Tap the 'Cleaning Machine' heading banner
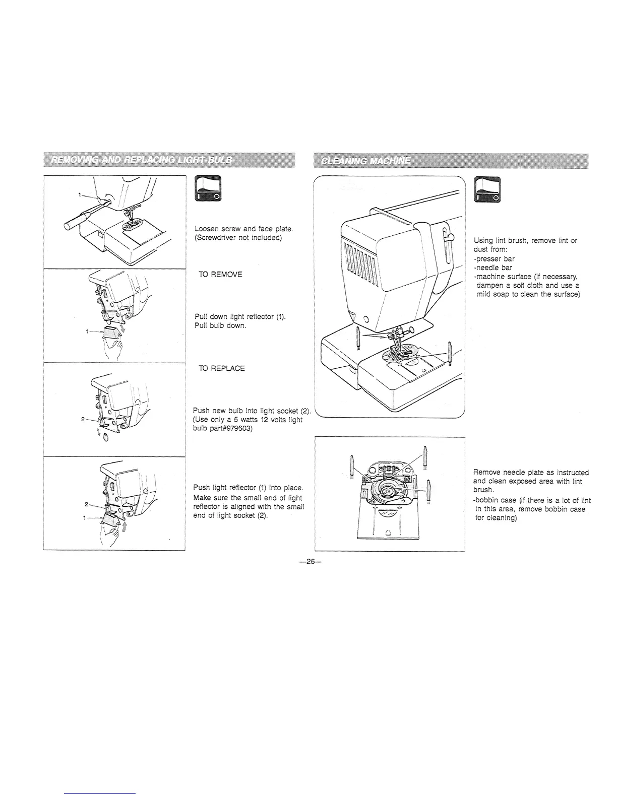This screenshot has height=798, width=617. (369, 161)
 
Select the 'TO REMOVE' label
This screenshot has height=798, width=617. (220, 275)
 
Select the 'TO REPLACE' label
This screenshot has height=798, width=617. (222, 368)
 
